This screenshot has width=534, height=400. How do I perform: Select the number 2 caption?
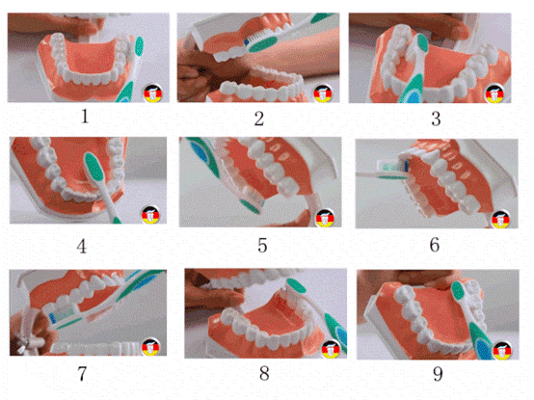coord(258,119)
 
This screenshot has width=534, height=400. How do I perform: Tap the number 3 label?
coord(436,119)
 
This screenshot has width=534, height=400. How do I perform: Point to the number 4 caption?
coord(82,245)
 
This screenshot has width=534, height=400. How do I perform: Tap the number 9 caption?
coord(436,372)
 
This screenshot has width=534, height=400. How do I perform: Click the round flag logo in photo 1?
coord(151,93)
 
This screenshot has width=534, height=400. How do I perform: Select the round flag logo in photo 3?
coord(497,93)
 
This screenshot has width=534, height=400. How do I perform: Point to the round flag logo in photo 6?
coord(500,218)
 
